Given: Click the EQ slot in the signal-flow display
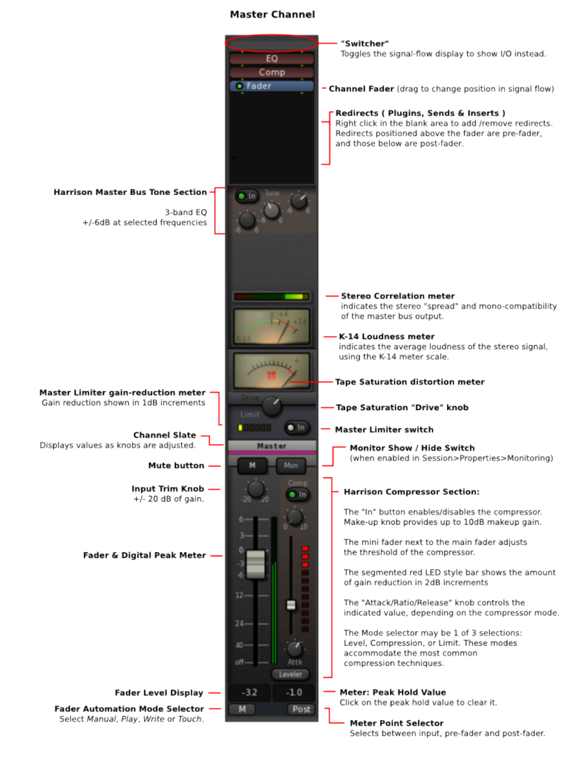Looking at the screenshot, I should [x=271, y=59].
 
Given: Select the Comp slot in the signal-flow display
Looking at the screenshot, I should [x=271, y=72].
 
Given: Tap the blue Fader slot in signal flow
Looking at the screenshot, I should [x=271, y=86].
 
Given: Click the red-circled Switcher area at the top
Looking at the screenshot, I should [x=271, y=43].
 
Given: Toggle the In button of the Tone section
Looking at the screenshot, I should [x=247, y=196].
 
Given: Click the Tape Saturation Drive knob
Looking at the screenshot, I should [x=271, y=405].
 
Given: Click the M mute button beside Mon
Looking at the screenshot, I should [x=252, y=466].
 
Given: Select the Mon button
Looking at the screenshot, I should [x=291, y=466].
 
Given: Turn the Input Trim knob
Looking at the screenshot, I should [x=256, y=489].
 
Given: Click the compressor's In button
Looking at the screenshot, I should [x=297, y=494].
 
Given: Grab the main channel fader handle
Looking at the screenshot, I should [x=256, y=564].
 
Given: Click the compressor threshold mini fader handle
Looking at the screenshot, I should [x=291, y=604].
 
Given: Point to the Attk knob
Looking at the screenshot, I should [x=295, y=648].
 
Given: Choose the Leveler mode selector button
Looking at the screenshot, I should [x=290, y=674].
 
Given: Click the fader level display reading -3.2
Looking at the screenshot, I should [x=249, y=692].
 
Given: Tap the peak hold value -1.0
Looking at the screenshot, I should [x=294, y=692].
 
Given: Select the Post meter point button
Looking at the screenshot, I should [x=301, y=709].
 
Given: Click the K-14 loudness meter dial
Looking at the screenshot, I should [x=271, y=326].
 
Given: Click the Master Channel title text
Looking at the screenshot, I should [x=272, y=15].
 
